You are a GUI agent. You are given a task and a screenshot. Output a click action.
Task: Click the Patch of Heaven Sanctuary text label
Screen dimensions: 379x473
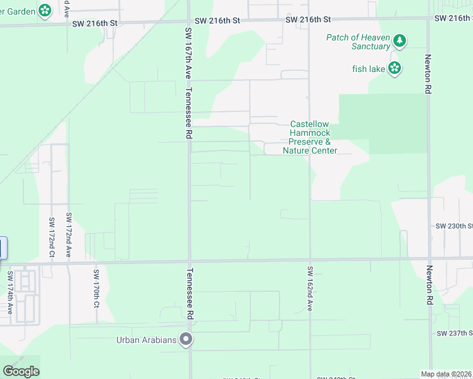pos(358,42)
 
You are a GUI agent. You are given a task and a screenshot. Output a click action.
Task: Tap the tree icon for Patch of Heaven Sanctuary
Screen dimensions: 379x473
pos(399,42)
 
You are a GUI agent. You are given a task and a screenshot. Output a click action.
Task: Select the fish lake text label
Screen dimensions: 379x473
pos(368,68)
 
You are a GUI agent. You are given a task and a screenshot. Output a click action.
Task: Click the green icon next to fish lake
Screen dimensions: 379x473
pos(395,68)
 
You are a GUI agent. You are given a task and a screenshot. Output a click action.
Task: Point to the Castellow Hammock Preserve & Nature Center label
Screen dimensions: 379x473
pos(310,137)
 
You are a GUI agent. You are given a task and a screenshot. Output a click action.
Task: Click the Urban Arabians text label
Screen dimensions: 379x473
pos(147,340)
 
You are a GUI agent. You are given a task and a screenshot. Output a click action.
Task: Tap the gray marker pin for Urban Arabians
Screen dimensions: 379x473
pos(186,340)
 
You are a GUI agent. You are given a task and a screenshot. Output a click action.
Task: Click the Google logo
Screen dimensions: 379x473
pos(20,371)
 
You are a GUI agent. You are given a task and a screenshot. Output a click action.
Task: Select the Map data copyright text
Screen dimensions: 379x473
pos(446,374)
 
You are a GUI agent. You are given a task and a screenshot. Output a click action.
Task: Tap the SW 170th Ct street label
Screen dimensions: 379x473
pos(96,289)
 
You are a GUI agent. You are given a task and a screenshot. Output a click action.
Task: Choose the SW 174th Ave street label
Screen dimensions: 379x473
pos(10,293)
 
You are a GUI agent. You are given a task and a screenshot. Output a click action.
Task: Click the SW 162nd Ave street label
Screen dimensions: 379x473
pos(310,288)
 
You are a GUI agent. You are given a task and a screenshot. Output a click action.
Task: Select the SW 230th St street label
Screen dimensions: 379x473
pos(454,226)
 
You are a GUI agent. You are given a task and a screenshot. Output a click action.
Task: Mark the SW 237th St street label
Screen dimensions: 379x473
pos(454,333)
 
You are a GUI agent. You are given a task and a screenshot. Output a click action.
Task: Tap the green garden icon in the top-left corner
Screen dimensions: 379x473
pos(45,10)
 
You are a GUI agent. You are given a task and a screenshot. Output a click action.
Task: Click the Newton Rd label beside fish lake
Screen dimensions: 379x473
pos(428,75)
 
